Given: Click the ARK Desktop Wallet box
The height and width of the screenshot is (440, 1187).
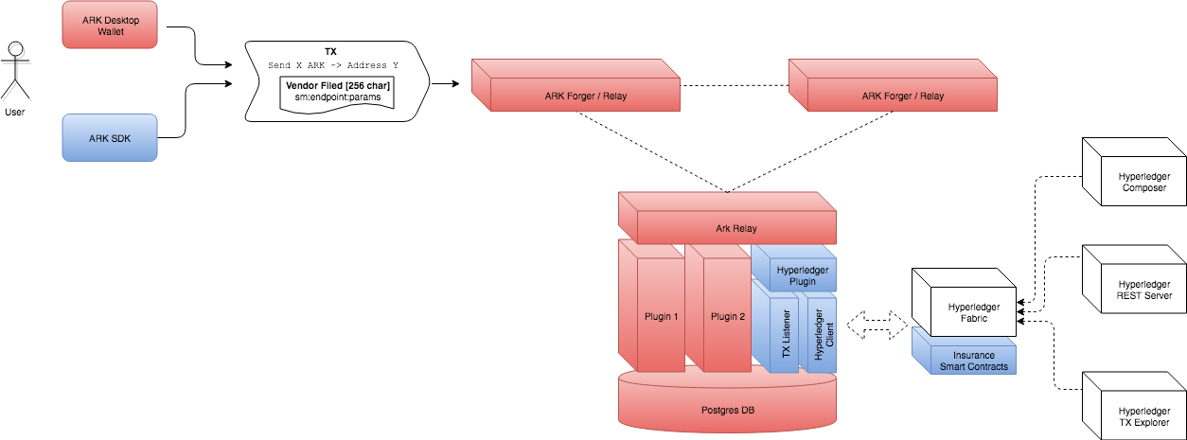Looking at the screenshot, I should point(109,25).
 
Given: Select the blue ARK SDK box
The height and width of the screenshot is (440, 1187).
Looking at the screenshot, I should point(109,138).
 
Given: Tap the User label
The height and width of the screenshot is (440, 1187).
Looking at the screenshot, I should point(14,112).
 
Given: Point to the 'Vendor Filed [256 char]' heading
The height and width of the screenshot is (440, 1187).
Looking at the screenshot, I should point(338,86).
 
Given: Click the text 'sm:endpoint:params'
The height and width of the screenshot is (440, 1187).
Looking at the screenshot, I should point(337,97).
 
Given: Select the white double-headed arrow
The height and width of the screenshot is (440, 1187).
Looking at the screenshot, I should point(874,325).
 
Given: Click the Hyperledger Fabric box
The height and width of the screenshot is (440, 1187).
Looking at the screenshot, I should point(966,312).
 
